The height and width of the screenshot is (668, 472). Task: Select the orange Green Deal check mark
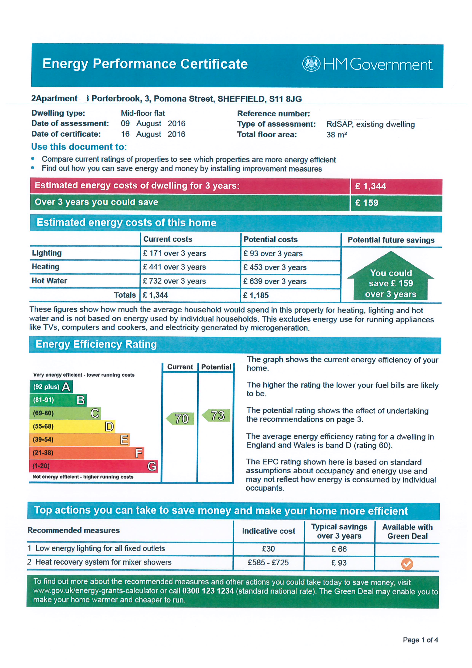407,564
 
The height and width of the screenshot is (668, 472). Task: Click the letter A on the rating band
66,387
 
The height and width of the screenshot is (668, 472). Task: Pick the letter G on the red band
152,466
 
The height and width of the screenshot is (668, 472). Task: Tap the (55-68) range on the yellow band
43,427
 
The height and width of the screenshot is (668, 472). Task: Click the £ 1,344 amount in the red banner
371,186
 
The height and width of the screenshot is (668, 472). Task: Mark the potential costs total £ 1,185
256,295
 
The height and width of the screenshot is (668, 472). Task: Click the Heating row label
46,267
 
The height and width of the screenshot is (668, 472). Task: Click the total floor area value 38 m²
336,135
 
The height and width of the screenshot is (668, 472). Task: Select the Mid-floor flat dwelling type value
143,113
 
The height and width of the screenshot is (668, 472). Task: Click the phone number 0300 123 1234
208,591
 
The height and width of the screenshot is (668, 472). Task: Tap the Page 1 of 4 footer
420,640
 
